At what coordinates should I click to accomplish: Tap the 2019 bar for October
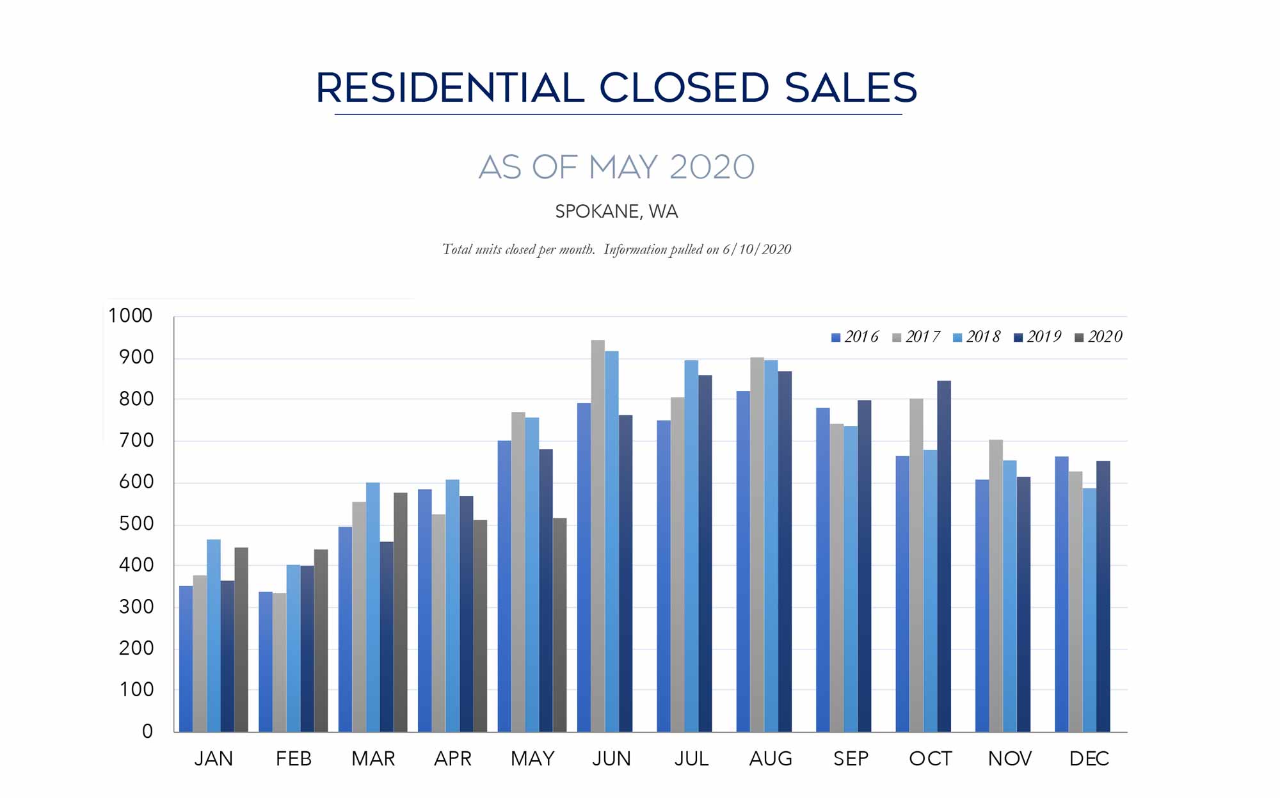pos(943,556)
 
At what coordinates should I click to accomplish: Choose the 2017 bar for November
pos(996,586)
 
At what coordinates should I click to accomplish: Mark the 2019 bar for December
pos(1103,596)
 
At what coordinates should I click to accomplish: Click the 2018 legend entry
pos(977,337)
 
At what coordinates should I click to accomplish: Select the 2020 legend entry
pos(1098,337)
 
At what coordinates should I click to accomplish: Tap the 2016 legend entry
pos(855,337)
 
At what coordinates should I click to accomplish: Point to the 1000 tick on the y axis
pos(131,315)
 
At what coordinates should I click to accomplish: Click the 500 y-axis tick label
pos(136,523)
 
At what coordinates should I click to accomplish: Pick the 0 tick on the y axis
pos(147,731)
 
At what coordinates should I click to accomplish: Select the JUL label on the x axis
pos(691,758)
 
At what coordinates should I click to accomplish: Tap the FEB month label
pos(294,758)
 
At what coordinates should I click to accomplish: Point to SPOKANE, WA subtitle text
pos(616,211)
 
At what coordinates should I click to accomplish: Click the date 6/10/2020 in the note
pos(757,250)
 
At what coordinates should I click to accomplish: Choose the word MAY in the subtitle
pos(623,167)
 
